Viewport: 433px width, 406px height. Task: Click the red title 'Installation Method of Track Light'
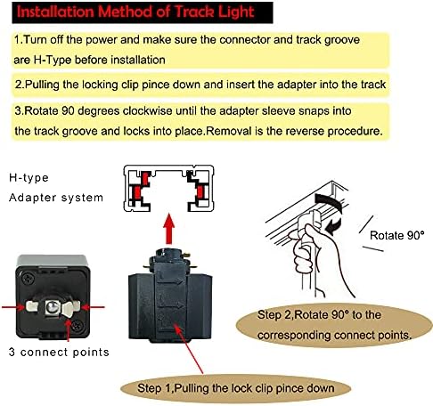(x=135, y=12)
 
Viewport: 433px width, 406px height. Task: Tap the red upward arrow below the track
(x=169, y=229)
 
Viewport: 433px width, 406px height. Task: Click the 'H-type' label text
(x=29, y=178)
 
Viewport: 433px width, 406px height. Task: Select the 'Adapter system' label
(x=56, y=198)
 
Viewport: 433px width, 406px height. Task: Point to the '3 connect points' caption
(x=59, y=352)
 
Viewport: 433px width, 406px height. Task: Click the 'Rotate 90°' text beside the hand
(x=397, y=235)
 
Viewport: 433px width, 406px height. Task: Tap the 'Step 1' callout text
(x=236, y=388)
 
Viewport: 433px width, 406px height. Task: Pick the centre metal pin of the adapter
(x=52, y=307)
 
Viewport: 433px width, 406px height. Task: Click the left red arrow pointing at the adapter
(x=13, y=307)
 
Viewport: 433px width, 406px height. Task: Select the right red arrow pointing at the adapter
(x=93, y=307)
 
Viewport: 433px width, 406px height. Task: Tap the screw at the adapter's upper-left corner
(x=28, y=279)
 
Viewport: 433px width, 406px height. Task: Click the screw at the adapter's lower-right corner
(x=78, y=325)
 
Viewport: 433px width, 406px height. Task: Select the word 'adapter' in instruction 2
(x=297, y=85)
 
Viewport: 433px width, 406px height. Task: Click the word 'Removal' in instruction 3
(x=229, y=131)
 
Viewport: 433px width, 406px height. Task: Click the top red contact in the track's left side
(x=144, y=177)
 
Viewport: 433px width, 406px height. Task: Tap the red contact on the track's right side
(x=200, y=191)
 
